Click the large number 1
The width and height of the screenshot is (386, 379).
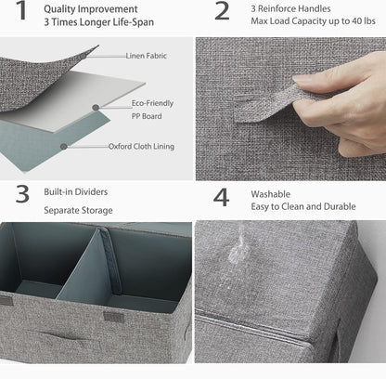pyautogui.click(x=21, y=10)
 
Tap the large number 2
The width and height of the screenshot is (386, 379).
pyautogui.click(x=222, y=11)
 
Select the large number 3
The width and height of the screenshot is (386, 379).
pyautogui.click(x=22, y=194)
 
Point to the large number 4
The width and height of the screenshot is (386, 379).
pyautogui.click(x=222, y=198)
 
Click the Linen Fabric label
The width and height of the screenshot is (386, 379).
pyautogui.click(x=147, y=56)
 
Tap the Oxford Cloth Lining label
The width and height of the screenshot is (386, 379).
pyautogui.click(x=141, y=146)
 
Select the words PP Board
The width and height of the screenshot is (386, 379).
pyautogui.click(x=147, y=116)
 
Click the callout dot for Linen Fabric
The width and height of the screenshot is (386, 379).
pyautogui.click(x=83, y=57)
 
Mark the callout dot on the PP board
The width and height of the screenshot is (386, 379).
pyautogui.click(x=96, y=108)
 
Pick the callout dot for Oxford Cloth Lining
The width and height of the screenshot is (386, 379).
pyautogui.click(x=64, y=147)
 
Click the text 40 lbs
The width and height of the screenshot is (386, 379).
pyautogui.click(x=364, y=21)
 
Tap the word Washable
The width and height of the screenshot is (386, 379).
pyautogui.click(x=271, y=194)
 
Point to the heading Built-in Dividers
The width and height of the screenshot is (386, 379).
pyautogui.click(x=76, y=191)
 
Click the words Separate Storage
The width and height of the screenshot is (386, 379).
pyautogui.click(x=78, y=211)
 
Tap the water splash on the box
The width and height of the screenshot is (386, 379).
pyautogui.click(x=238, y=247)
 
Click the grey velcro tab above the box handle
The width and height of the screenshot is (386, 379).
pyautogui.click(x=113, y=317)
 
